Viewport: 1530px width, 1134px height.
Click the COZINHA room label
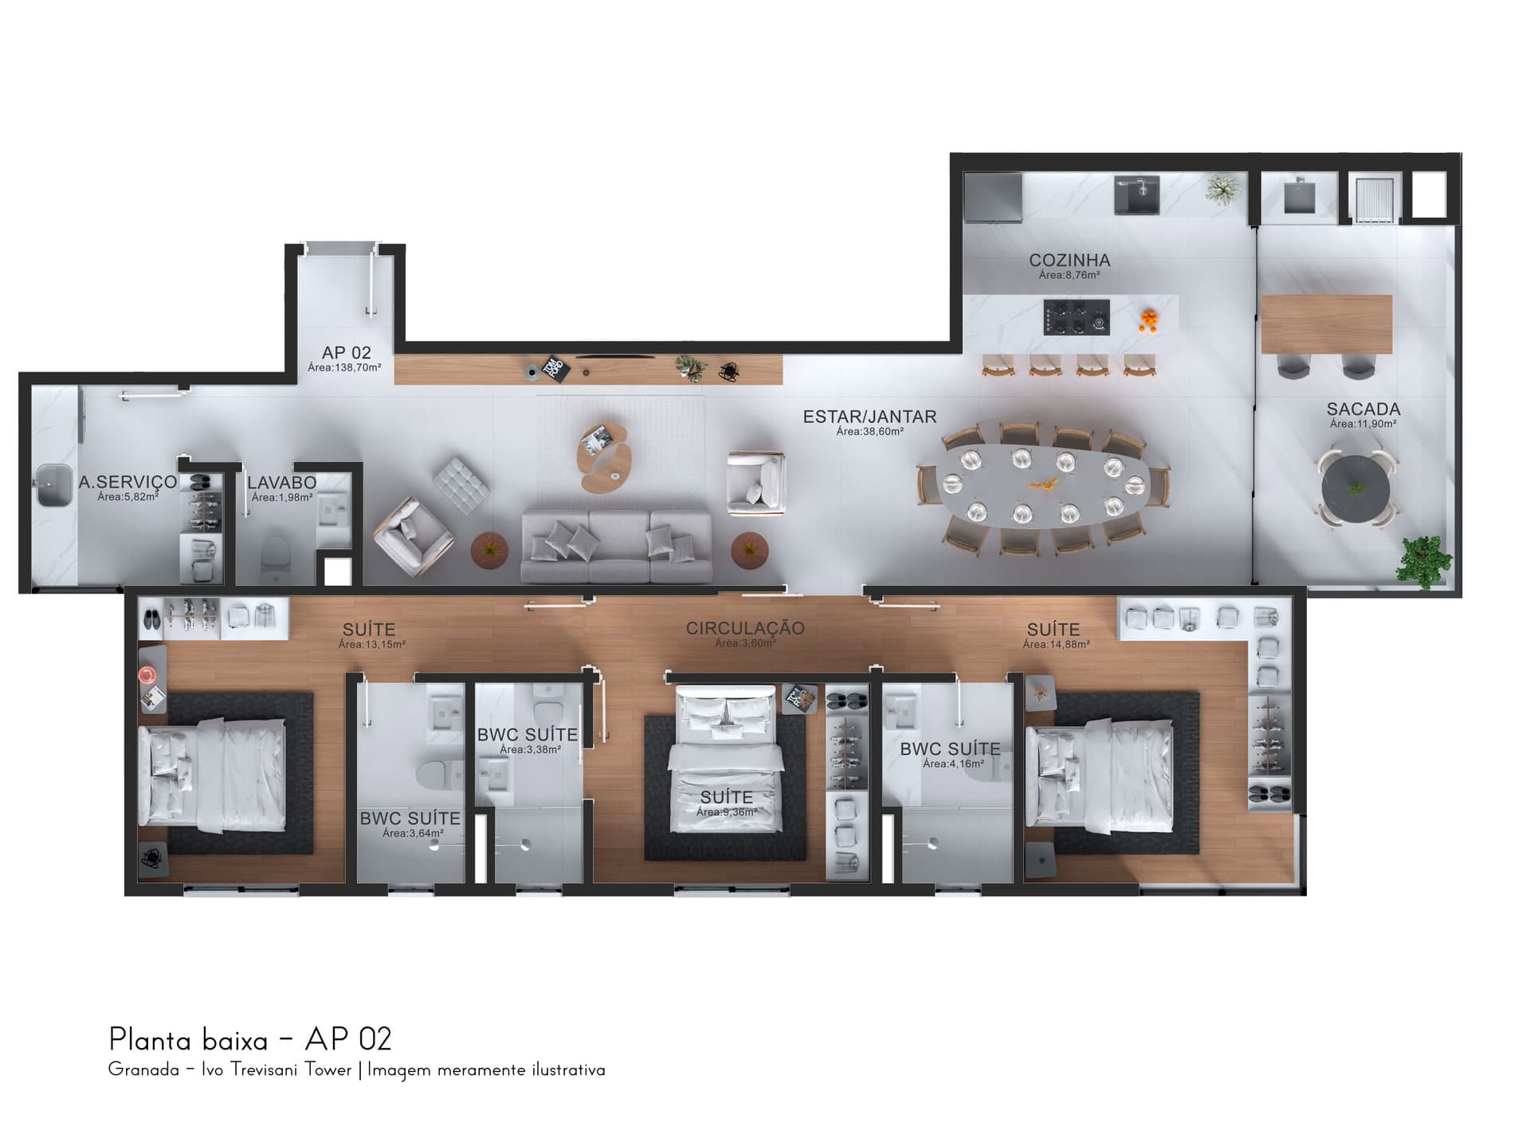(x=1069, y=261)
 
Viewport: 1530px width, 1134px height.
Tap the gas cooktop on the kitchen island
(x=1077, y=317)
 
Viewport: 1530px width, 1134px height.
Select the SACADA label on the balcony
(x=1363, y=409)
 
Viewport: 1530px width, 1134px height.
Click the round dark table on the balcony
(x=1355, y=489)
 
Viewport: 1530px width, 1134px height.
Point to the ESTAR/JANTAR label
(x=869, y=417)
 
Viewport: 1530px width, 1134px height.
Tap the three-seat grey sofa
(x=616, y=547)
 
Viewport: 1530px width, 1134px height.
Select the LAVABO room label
(x=282, y=483)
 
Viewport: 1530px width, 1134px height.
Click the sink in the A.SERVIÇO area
(x=55, y=485)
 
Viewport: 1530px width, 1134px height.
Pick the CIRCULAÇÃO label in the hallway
(x=745, y=628)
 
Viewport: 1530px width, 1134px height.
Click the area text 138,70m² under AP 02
(x=344, y=368)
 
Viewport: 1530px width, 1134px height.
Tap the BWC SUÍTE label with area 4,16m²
(x=950, y=749)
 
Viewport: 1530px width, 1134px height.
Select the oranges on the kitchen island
(x=1148, y=318)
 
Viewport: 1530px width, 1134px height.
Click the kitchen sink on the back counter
(x=1137, y=195)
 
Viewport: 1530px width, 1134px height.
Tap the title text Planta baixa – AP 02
(x=250, y=1040)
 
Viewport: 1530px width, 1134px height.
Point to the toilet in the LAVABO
(x=277, y=551)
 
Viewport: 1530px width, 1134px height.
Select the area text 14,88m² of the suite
(x=1056, y=645)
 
